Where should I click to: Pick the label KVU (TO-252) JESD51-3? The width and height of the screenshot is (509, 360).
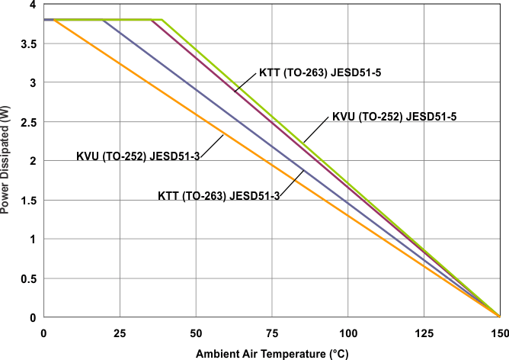point(138,156)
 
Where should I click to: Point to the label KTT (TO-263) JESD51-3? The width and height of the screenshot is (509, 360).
point(219,195)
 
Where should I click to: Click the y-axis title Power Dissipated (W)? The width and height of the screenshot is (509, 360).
point(7,160)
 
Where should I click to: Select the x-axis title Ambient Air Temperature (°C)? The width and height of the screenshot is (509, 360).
point(271,354)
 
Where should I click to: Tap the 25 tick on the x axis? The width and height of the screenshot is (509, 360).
point(120,333)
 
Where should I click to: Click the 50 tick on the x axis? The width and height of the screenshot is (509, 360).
point(196,333)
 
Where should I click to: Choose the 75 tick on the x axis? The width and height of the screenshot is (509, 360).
point(272,333)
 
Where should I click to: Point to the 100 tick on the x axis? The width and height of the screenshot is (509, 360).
point(347,333)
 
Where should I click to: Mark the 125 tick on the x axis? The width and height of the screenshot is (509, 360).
point(424,333)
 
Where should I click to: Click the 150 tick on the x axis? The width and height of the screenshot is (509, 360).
point(498,333)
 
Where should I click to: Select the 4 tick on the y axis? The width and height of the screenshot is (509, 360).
point(32,5)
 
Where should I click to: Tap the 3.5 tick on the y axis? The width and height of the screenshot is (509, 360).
point(28,43)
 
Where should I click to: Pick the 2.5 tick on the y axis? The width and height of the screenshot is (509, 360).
point(28,121)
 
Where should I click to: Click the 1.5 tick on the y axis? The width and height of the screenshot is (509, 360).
point(28,200)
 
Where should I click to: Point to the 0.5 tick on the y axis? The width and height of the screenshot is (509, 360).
point(28,278)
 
